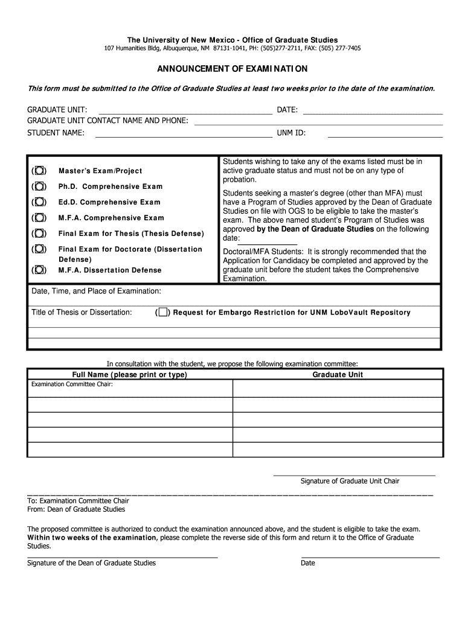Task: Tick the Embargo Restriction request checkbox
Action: (162, 313)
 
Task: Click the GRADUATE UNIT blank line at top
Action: (185, 110)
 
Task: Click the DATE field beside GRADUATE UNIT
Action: (373, 110)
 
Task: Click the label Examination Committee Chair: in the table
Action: (72, 384)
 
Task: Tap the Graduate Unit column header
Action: (338, 375)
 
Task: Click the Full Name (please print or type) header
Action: (129, 375)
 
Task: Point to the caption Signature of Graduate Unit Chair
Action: (350, 481)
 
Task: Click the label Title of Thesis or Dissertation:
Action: (82, 312)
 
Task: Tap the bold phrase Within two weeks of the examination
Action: (92, 537)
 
